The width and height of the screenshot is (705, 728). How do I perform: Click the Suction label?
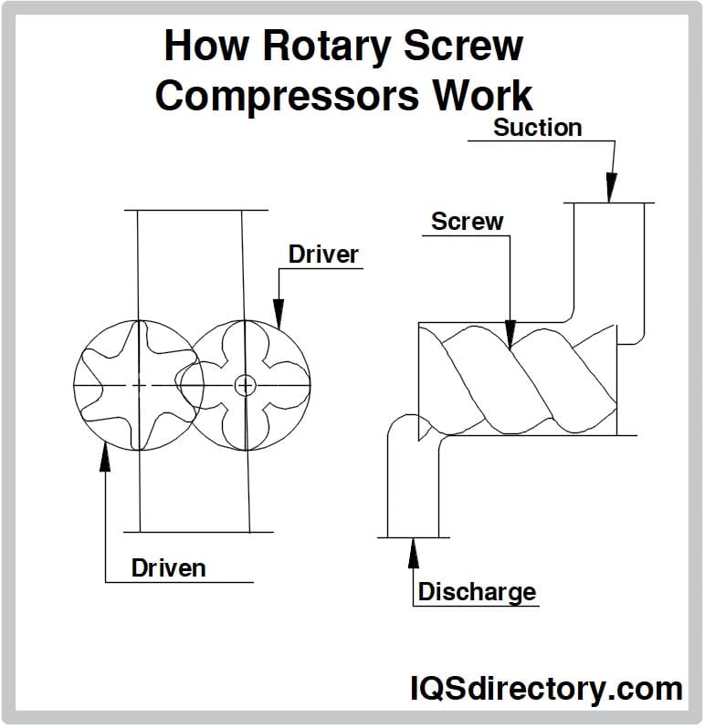coord(537,128)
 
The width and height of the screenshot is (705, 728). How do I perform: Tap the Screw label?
coord(467,222)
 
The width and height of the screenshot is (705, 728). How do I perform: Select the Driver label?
coord(323,255)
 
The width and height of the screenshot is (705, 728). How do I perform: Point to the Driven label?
coord(169,568)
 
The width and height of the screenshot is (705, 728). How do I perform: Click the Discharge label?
coord(477,592)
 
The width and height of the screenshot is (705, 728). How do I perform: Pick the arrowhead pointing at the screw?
coord(511,334)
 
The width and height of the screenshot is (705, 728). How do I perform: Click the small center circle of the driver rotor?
coord(244,385)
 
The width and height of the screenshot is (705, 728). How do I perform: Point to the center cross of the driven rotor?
coord(138,385)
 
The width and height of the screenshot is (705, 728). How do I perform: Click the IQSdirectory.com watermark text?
coord(546,689)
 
